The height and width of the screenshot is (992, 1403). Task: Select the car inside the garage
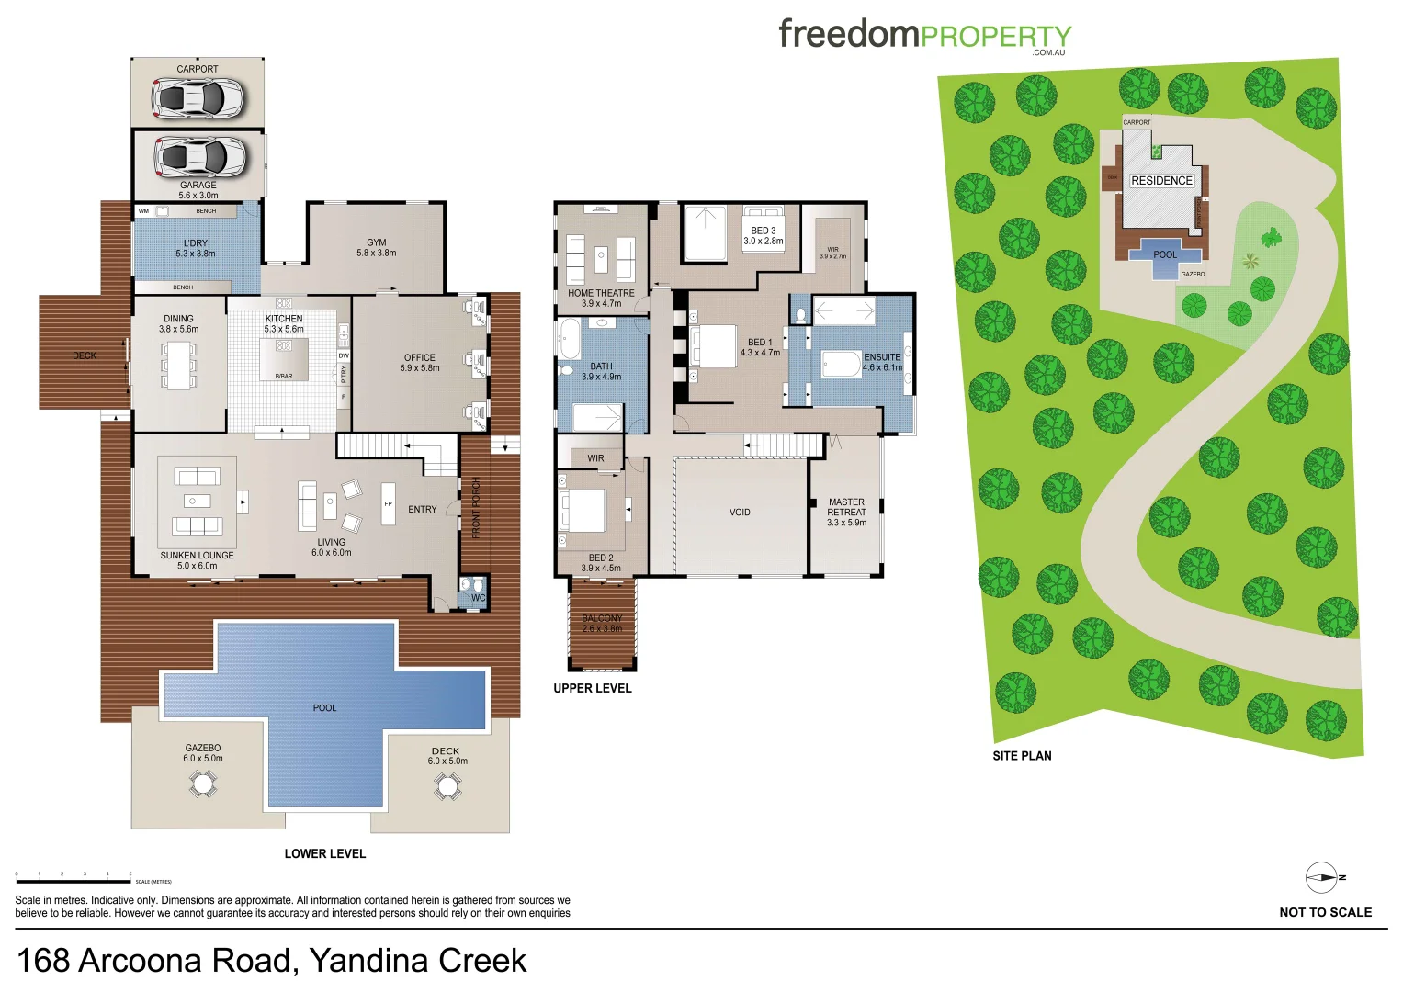199,157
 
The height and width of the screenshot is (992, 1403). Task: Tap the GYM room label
376,243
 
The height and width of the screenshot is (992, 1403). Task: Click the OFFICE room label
419,358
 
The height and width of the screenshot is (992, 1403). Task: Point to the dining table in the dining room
178,365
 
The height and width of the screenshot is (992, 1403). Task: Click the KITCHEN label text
284,319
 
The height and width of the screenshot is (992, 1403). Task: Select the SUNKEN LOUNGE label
197,556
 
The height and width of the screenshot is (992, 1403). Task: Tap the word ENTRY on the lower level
423,510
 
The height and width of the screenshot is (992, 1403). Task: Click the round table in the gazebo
203,783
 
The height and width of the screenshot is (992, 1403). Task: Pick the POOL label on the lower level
324,708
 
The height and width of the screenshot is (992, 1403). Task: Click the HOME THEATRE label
601,293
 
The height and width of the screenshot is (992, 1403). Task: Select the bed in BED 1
714,346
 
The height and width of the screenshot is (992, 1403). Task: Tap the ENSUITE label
882,357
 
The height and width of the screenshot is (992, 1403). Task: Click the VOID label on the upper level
740,513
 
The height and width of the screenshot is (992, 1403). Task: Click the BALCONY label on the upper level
602,619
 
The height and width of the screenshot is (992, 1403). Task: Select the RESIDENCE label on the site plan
1161,181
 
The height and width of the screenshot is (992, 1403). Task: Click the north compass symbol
1322,878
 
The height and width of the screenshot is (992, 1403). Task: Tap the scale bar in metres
74,882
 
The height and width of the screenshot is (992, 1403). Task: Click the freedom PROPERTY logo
924,36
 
